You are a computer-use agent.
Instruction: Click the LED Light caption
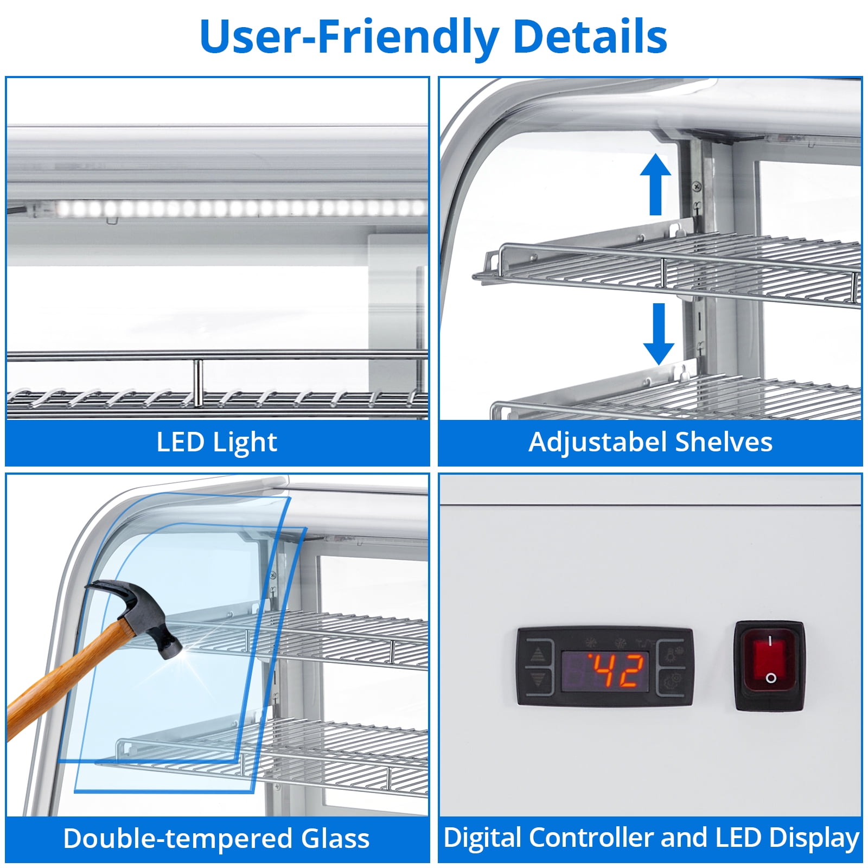(217, 442)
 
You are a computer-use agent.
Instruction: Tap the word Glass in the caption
(335, 838)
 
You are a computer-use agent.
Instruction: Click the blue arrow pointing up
(655, 184)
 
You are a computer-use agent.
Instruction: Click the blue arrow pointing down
(659, 334)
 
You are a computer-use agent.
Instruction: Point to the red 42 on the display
(617, 670)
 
